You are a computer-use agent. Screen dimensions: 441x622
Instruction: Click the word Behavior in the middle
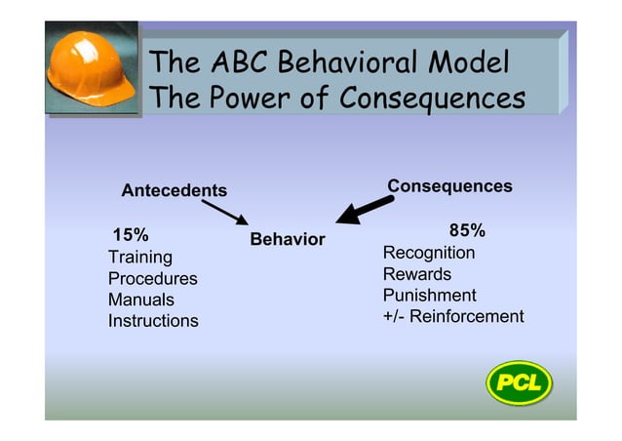point(288,240)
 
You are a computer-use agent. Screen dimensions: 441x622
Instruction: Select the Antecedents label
point(174,190)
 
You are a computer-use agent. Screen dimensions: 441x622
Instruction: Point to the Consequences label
point(449,186)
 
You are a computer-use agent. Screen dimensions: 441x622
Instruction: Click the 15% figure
point(132,235)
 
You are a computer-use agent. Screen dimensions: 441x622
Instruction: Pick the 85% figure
point(467,231)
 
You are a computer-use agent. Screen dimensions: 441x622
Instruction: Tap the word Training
point(140,258)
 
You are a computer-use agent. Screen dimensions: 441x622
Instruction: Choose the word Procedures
point(152,279)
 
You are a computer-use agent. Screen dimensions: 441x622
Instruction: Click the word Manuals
point(141,301)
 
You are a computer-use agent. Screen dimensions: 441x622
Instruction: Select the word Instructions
point(153,321)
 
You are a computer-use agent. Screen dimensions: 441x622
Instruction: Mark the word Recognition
point(429,254)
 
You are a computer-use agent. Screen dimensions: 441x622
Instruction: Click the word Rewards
point(417,274)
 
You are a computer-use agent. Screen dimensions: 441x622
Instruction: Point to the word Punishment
point(430,296)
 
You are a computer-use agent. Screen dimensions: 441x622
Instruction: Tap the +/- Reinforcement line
point(453,317)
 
